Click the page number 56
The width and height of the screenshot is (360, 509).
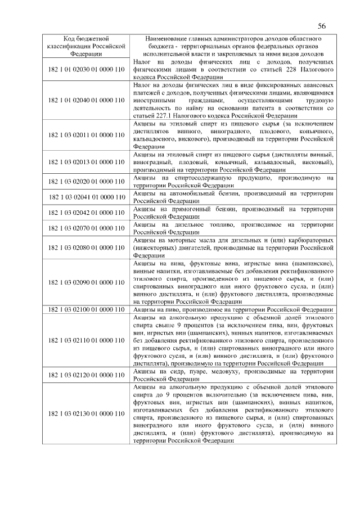322,26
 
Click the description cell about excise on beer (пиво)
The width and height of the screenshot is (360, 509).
233,309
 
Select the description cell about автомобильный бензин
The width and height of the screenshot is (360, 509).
233,197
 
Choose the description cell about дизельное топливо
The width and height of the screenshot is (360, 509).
233,228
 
